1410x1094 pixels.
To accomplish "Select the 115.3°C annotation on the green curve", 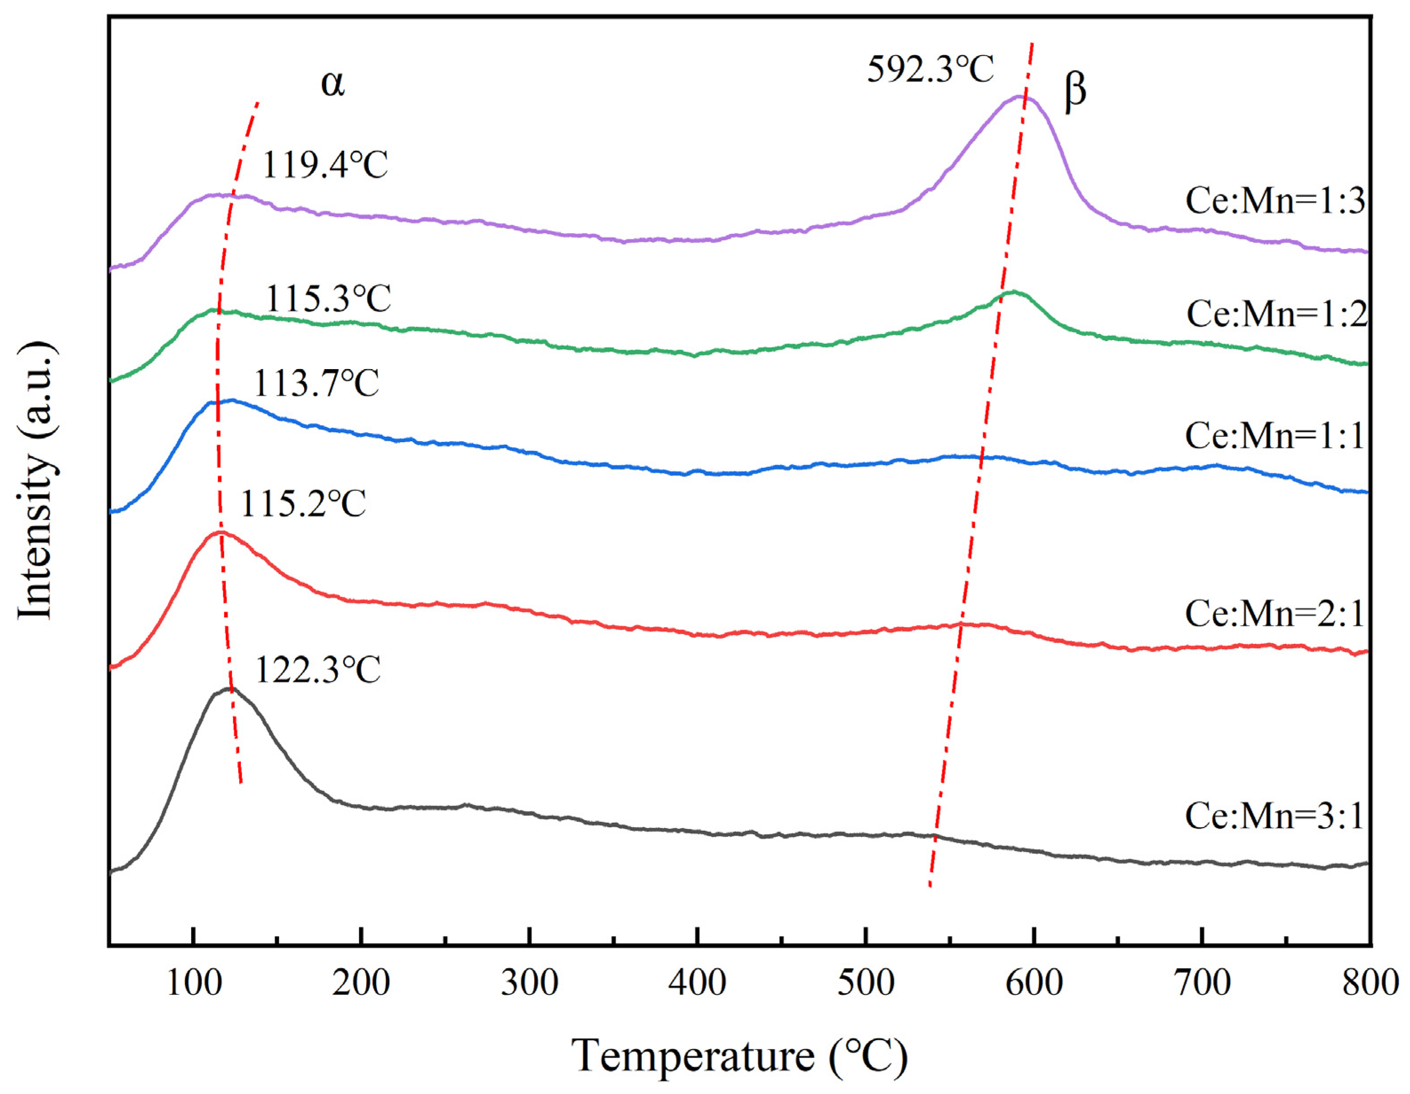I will [x=328, y=299].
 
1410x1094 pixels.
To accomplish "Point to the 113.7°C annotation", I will [x=316, y=384].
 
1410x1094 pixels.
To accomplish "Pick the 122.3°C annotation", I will [x=318, y=670].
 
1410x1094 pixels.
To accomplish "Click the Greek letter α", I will [x=333, y=84].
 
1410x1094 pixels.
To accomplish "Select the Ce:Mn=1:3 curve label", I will [x=1275, y=201].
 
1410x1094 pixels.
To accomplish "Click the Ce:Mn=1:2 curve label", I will [x=1276, y=314].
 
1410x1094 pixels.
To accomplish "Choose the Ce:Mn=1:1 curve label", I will [x=1274, y=436].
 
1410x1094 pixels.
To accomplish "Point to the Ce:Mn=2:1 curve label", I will [x=1274, y=614].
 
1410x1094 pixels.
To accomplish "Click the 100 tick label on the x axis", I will [x=193, y=984].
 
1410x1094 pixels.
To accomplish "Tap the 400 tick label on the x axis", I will [x=698, y=984].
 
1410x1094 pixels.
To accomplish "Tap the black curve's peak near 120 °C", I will [x=228, y=689].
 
